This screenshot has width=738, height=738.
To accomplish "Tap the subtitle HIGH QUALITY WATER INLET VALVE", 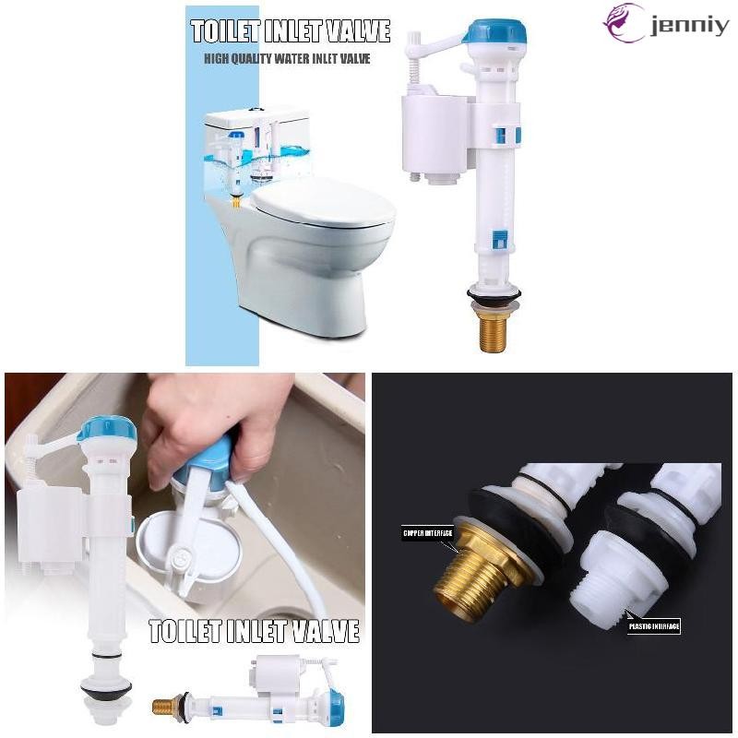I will (287, 59).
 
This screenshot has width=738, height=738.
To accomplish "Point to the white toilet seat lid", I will (323, 205).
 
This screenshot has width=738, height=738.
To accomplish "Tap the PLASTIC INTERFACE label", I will (655, 627).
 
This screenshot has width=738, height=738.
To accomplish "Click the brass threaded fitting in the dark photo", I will (470, 567).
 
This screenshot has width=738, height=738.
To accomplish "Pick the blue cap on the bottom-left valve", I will (107, 429).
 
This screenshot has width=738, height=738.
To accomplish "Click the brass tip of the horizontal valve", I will (164, 707).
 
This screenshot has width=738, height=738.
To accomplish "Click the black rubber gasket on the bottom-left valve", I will (106, 687).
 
